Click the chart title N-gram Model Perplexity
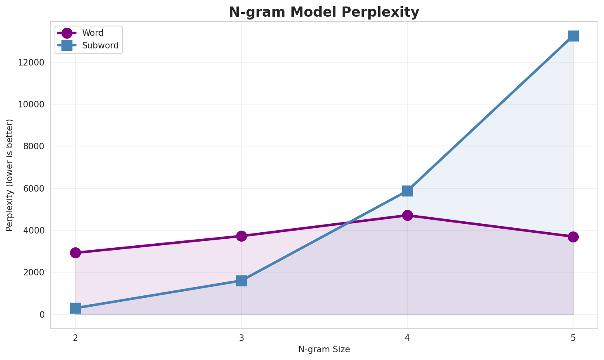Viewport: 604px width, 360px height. click(x=324, y=12)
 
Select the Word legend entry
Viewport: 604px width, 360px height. click(x=92, y=33)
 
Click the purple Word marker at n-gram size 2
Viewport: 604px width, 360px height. click(x=75, y=253)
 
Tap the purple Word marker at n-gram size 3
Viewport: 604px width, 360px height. click(x=241, y=236)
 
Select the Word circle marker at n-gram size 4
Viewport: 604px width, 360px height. click(x=407, y=215)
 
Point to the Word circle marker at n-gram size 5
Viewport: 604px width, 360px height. click(x=573, y=237)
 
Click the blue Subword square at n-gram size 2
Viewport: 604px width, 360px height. click(x=75, y=308)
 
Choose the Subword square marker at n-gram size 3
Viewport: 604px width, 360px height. click(x=241, y=281)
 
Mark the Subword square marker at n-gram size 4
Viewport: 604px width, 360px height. click(x=407, y=191)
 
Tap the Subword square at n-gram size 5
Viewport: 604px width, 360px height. click(x=573, y=36)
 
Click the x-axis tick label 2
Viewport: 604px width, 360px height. click(x=75, y=338)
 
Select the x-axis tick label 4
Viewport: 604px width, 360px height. click(x=407, y=338)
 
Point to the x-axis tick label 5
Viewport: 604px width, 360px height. click(x=573, y=338)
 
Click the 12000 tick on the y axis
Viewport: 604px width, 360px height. click(x=31, y=63)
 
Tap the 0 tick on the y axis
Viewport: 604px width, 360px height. click(x=42, y=315)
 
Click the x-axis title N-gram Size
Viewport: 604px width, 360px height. click(x=324, y=349)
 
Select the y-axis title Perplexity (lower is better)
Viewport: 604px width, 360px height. click(x=10, y=175)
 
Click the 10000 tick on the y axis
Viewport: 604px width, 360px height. click(x=31, y=105)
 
